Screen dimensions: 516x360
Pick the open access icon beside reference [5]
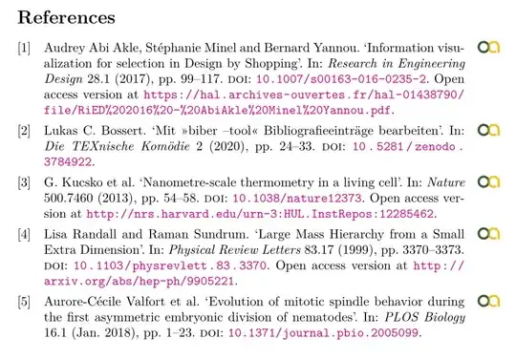(488, 304)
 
